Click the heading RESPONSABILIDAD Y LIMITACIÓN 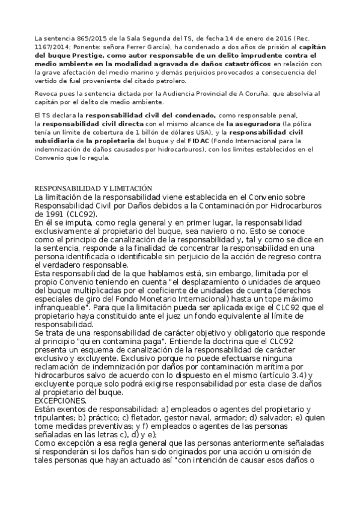93,188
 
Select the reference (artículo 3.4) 287,375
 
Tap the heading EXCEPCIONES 60,400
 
